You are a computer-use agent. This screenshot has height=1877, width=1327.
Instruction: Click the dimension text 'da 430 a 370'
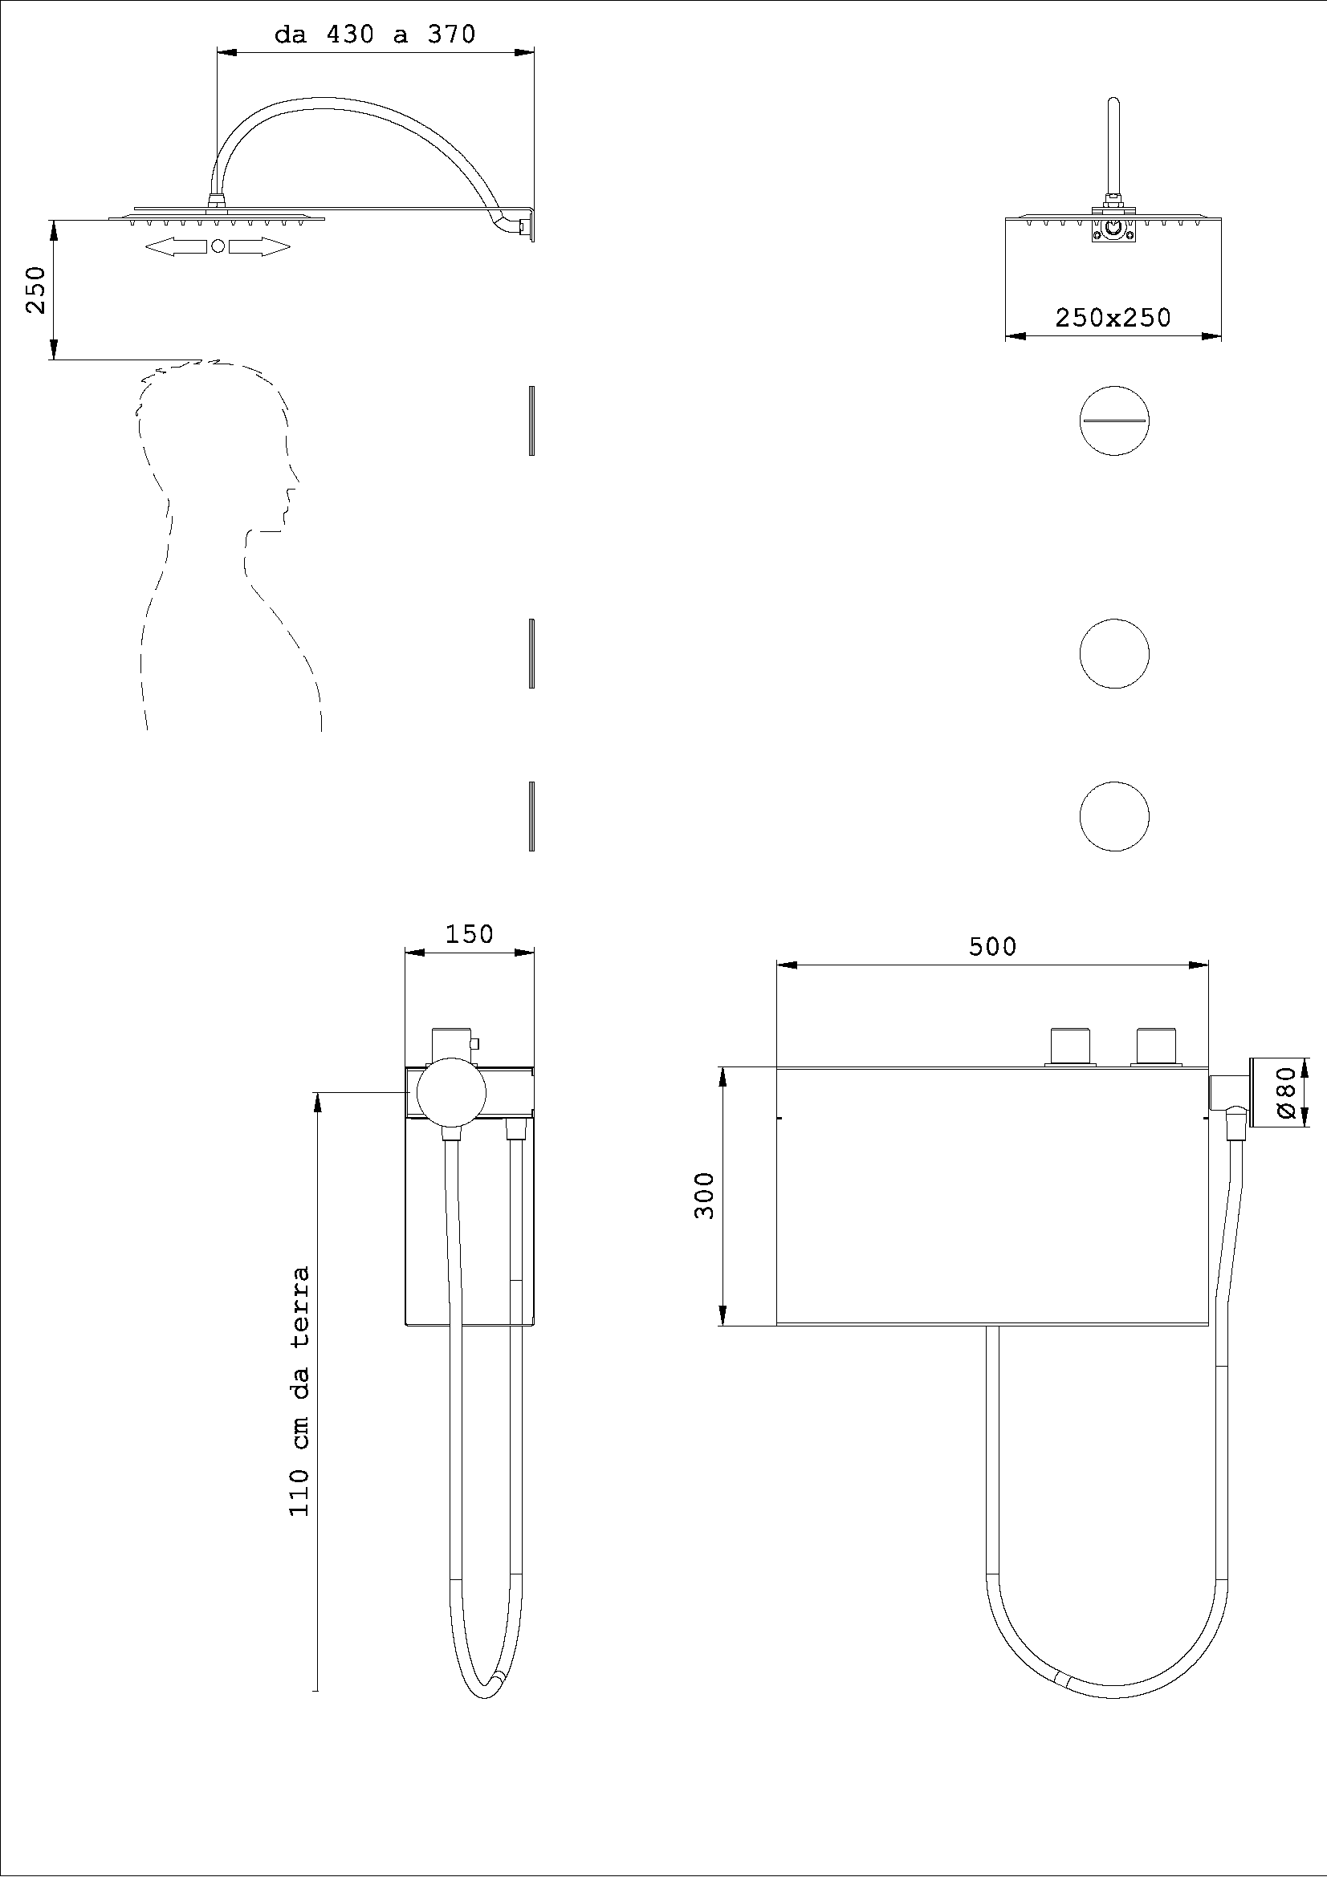(374, 35)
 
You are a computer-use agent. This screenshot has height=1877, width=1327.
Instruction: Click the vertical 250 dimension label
(35, 290)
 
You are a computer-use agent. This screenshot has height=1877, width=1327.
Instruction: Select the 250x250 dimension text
(1113, 318)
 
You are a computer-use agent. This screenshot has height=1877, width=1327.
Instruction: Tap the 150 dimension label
(470, 934)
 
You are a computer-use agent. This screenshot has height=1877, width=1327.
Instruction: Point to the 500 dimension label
(991, 947)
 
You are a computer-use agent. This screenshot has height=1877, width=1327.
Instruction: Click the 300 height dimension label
(705, 1195)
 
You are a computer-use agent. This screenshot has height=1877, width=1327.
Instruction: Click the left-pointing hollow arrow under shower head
(176, 247)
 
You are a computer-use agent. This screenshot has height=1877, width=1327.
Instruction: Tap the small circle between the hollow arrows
(218, 247)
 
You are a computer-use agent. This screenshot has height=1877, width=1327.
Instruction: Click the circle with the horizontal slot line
(1113, 420)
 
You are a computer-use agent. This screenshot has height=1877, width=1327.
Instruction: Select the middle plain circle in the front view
(1113, 654)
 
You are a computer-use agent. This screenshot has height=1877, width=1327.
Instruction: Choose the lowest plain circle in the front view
(1113, 817)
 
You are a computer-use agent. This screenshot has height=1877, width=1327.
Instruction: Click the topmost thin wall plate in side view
(531, 420)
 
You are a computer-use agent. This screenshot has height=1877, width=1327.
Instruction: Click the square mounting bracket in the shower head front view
(1113, 230)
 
